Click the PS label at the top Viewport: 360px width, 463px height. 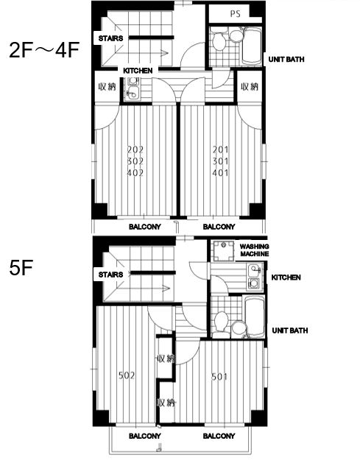point(235,14)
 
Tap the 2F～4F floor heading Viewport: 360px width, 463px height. point(44,50)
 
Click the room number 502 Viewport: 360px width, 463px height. point(127,375)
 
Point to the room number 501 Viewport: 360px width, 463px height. point(219,377)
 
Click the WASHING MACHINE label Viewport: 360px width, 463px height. point(254,250)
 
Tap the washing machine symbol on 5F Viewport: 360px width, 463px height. point(223,251)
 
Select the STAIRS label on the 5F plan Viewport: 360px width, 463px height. point(110,275)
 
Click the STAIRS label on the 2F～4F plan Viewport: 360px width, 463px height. point(110,38)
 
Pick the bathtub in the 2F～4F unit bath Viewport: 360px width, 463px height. point(252,45)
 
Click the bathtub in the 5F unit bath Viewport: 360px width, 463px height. point(255,317)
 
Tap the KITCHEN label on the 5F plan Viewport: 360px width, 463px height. point(286,278)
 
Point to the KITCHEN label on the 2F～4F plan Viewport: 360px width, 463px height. point(138,71)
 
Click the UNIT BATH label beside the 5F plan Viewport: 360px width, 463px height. point(290,331)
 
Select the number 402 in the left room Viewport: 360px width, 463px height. point(135,172)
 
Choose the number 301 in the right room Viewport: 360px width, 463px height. point(221,161)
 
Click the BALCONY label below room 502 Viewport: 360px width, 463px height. point(145,436)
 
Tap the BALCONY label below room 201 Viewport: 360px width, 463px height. point(219,227)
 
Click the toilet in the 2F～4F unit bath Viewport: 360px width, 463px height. point(219,40)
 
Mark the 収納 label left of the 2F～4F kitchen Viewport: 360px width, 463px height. point(107,87)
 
